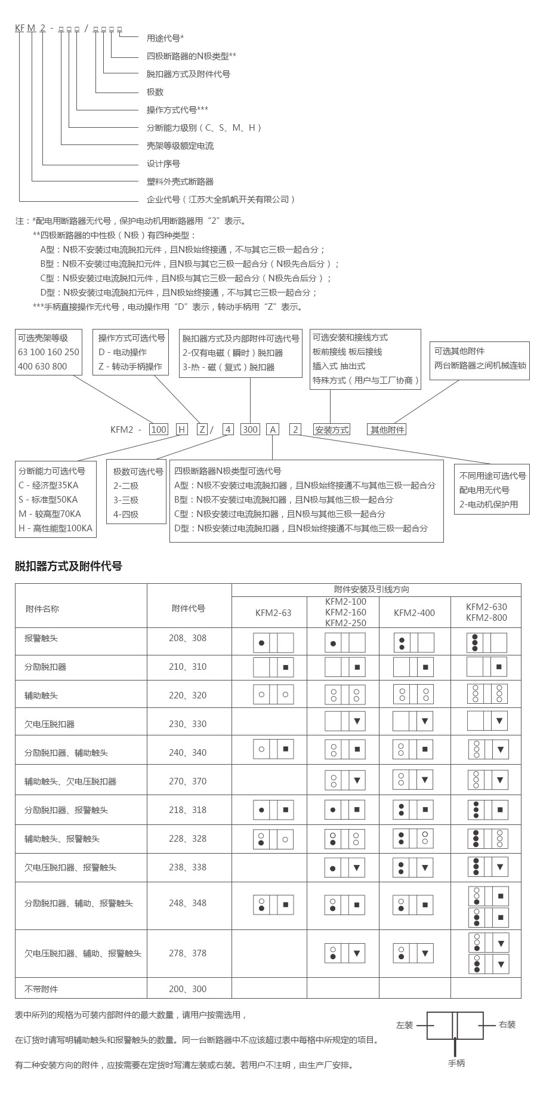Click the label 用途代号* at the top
click(x=165, y=38)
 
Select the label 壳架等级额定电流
click(x=180, y=146)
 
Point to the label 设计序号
click(x=163, y=164)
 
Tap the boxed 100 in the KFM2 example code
click(x=159, y=429)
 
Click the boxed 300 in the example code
click(x=250, y=429)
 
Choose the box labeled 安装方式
click(x=332, y=429)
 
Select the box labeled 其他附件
click(x=387, y=429)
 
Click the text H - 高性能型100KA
click(x=55, y=528)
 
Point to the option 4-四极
click(x=126, y=515)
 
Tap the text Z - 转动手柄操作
click(x=130, y=367)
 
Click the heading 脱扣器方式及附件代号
click(x=68, y=566)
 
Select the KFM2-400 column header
click(x=414, y=612)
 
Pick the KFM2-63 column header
click(x=273, y=612)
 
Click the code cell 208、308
click(x=187, y=638)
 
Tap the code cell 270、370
click(x=187, y=781)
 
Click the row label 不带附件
click(x=41, y=989)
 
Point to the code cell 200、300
click(x=187, y=989)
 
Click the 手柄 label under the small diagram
click(x=456, y=1063)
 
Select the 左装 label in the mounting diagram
click(x=404, y=1025)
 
